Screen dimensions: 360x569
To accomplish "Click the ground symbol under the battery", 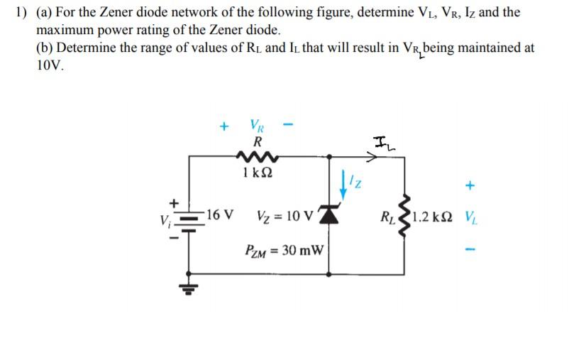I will [x=188, y=288].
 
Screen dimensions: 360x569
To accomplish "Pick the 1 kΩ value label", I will [x=254, y=173].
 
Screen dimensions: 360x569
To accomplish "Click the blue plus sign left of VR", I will [x=223, y=128].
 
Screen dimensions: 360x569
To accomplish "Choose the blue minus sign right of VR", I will [x=288, y=127].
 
